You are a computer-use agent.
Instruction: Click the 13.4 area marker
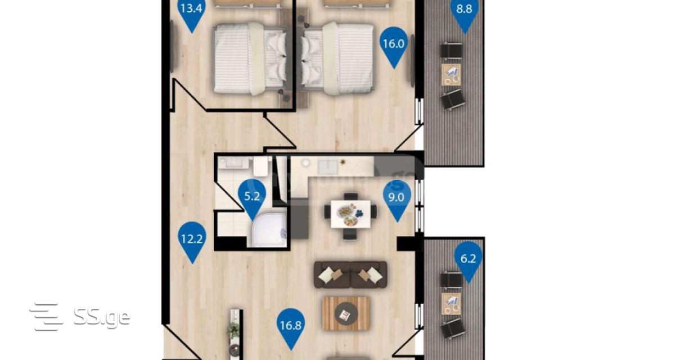[192, 12]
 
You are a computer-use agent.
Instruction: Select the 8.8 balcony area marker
[465, 12]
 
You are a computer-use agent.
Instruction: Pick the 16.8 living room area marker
[291, 328]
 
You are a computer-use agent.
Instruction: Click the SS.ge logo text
[102, 317]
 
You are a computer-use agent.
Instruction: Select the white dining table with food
[350, 214]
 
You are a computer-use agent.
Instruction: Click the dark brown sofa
[350, 274]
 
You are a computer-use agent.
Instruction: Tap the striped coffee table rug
[346, 314]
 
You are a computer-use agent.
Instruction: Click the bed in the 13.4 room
[250, 58]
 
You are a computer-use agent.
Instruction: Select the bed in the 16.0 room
[338, 58]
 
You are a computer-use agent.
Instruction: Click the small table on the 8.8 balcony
[451, 74]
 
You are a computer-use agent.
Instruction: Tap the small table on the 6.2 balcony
[451, 304]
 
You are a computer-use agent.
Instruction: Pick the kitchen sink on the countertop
[327, 167]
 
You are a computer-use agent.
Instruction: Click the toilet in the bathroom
[260, 166]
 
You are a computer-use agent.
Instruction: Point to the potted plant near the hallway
[233, 331]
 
